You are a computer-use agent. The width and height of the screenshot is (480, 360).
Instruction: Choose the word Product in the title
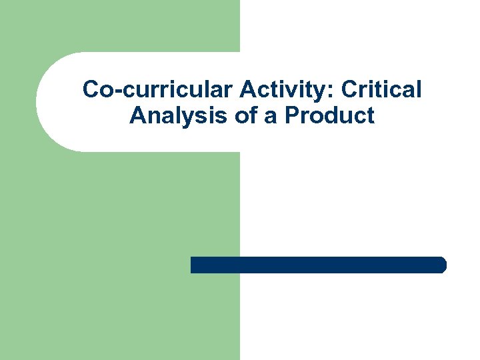click(329, 116)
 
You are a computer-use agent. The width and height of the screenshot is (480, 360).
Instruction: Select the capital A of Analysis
click(137, 116)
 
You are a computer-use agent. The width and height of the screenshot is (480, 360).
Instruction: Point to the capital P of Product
click(291, 116)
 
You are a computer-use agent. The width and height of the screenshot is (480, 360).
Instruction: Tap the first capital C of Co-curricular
click(91, 89)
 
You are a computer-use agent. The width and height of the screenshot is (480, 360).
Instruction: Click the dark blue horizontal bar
click(318, 265)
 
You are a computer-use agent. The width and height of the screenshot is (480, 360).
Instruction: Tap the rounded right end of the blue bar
click(442, 265)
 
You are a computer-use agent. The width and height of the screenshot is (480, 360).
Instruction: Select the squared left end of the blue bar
click(193, 265)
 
